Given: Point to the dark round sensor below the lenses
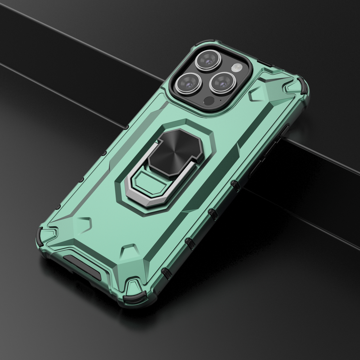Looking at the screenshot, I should (x=208, y=100).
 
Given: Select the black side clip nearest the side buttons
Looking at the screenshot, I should (x=235, y=185).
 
